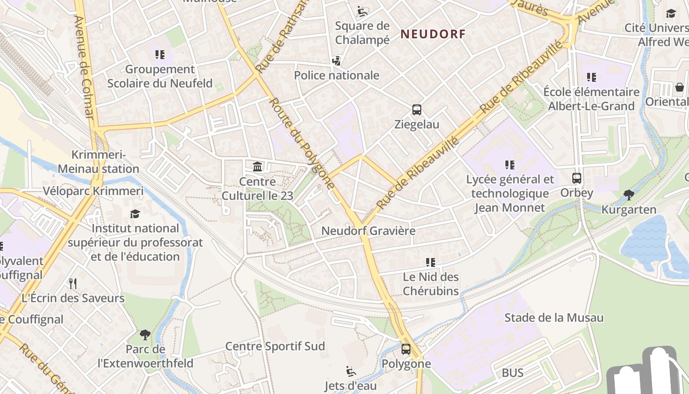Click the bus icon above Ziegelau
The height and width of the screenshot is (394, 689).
[x=417, y=110]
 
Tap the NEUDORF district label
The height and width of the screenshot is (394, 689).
[x=433, y=34]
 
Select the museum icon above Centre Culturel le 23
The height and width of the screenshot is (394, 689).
[x=257, y=167]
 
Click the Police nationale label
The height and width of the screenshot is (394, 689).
[x=337, y=75]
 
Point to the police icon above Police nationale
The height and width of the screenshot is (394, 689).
[x=337, y=61]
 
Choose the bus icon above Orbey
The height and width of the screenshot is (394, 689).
[x=577, y=178]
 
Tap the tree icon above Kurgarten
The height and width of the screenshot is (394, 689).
[x=628, y=195]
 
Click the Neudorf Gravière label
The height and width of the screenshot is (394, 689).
[x=368, y=230]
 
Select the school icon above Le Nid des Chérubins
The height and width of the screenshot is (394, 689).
[x=431, y=263]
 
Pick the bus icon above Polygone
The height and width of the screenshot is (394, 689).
[x=406, y=349]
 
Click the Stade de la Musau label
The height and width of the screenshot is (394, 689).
[x=554, y=318]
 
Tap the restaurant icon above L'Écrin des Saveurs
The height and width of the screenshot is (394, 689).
[x=73, y=284]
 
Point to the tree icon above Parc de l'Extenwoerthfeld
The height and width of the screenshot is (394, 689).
[x=145, y=335]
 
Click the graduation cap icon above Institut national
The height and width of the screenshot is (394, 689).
[x=135, y=214]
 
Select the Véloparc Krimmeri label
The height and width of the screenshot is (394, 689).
[x=93, y=191]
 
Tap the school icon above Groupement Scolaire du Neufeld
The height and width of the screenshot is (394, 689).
[x=159, y=55]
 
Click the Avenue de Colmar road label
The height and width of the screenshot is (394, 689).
[x=83, y=66]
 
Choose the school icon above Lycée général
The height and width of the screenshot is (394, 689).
[x=510, y=165]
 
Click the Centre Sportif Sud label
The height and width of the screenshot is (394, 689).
[x=275, y=346]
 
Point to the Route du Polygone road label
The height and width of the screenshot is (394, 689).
[x=303, y=143]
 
